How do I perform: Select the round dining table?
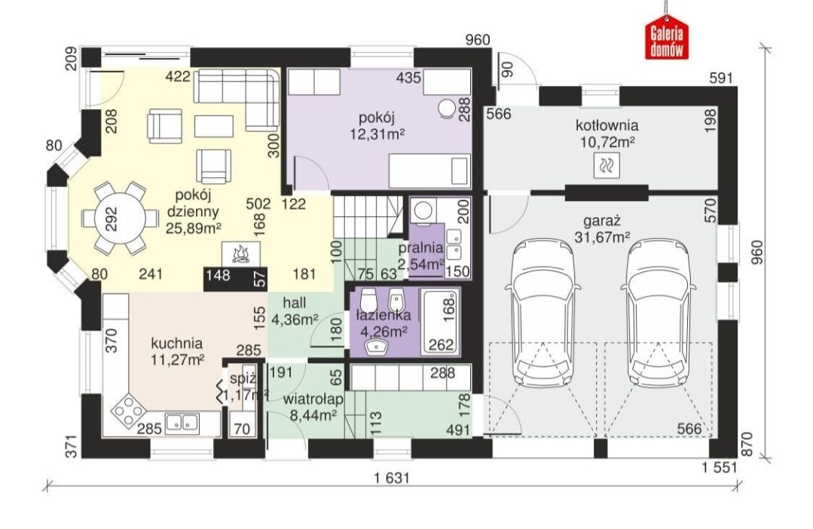[115, 218]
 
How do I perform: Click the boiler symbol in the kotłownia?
[606, 166]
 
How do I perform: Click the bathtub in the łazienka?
[440, 322]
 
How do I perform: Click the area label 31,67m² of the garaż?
[603, 237]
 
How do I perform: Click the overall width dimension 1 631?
[392, 478]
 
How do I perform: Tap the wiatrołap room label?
[313, 399]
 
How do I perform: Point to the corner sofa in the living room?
[237, 99]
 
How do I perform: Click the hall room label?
[295, 302]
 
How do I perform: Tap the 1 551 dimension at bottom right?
[720, 467]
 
